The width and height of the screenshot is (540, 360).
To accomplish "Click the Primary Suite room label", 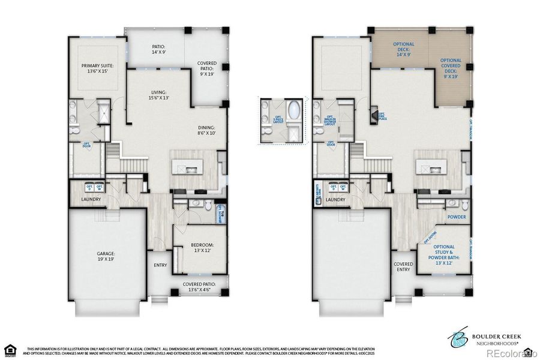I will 97,69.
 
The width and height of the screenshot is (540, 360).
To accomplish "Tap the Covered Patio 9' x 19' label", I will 207,68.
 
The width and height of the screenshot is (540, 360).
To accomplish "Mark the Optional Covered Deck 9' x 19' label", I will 451,68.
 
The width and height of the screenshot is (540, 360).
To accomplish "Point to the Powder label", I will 456,217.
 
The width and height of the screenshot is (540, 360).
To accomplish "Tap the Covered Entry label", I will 403,266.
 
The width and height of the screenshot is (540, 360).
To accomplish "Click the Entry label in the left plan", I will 160,265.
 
